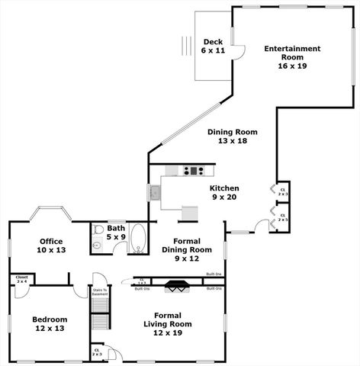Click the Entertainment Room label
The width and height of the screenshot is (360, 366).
pyautogui.click(x=292, y=58)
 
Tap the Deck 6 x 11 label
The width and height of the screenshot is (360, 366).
pyautogui.click(x=214, y=46)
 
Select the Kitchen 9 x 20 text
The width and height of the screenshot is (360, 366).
pyautogui.click(x=225, y=192)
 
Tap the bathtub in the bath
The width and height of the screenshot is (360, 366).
pyautogui.click(x=139, y=239)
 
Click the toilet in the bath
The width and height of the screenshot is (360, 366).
pyautogui.click(x=97, y=245)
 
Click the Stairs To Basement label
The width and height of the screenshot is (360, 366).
pyautogui.click(x=101, y=292)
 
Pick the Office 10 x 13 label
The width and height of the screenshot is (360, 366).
pyautogui.click(x=52, y=246)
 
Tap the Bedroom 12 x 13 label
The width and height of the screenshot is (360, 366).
pyautogui.click(x=50, y=324)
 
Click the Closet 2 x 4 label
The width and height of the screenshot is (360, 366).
pyautogui.click(x=21, y=280)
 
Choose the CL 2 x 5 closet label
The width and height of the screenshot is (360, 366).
pyautogui.click(x=282, y=218)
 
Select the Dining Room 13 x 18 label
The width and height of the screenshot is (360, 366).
pyautogui.click(x=233, y=136)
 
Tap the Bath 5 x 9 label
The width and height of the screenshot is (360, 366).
pyautogui.click(x=117, y=232)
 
